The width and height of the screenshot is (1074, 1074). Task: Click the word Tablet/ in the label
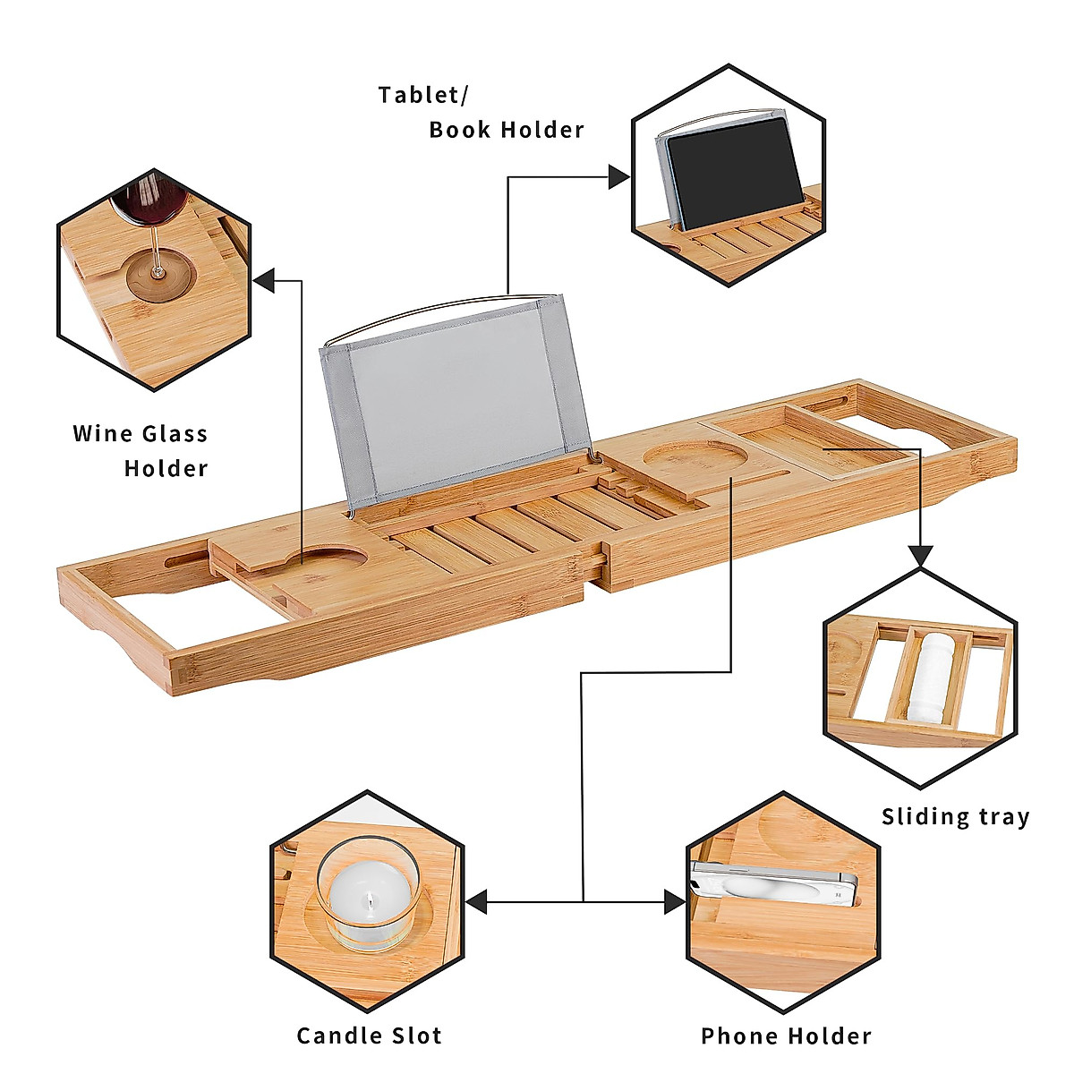click(x=423, y=95)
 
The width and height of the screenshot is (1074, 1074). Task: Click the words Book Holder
click(x=507, y=130)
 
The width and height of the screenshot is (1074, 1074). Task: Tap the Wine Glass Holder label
click(x=141, y=450)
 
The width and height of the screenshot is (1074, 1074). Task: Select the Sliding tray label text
click(x=955, y=816)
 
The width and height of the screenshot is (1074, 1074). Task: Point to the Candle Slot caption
click(x=369, y=1036)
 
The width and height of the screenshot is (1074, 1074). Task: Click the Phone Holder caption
click(x=786, y=1036)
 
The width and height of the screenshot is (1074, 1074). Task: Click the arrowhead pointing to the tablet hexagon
click(x=618, y=177)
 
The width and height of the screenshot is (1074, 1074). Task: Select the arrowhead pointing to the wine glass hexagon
click(x=264, y=281)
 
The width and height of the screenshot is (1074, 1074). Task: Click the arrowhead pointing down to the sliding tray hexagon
click(x=921, y=556)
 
